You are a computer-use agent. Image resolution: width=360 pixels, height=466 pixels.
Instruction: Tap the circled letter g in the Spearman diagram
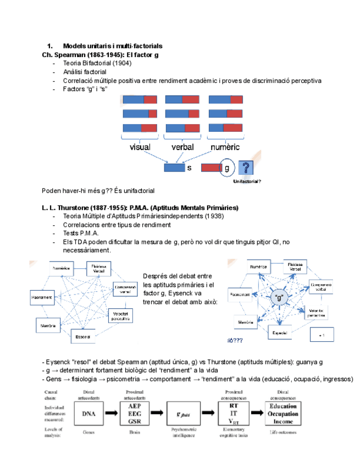click(226, 168)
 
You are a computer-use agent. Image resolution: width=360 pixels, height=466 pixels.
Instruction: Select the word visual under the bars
click(140, 147)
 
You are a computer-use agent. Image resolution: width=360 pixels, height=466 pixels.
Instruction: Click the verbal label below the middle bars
click(183, 147)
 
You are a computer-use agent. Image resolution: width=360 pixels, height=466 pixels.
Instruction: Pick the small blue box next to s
click(174, 168)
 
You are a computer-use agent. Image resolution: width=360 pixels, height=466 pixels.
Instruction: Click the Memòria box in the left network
click(48, 326)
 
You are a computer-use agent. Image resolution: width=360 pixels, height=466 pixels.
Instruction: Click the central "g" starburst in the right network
click(279, 297)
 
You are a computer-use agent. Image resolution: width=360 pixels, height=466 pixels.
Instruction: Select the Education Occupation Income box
click(284, 413)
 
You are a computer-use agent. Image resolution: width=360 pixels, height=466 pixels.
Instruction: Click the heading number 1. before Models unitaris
click(49, 46)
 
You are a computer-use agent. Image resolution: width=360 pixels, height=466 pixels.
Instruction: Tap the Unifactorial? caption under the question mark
click(247, 181)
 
